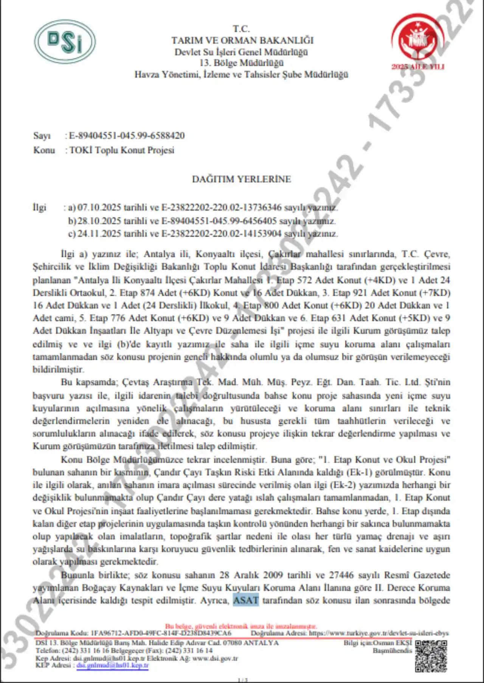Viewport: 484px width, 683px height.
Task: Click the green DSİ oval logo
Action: pos(65,42)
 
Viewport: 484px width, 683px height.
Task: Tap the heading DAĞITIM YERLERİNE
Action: pos(242,179)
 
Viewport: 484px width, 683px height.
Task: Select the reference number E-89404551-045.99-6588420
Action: pos(127,136)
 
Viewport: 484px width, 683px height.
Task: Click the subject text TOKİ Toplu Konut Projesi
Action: pos(122,150)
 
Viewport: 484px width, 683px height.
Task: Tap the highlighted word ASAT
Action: pos(246,600)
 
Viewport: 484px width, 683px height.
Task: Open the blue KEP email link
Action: pos(112,665)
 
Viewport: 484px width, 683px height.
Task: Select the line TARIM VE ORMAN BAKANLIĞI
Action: pos(242,40)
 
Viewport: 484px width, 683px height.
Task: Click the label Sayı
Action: pos(42,136)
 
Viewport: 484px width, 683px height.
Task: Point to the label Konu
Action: pos(44,150)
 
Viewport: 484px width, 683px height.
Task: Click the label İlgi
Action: pos(39,207)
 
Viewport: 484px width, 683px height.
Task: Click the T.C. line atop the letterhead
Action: pos(241,29)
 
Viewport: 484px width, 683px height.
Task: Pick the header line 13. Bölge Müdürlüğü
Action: pos(241,63)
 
